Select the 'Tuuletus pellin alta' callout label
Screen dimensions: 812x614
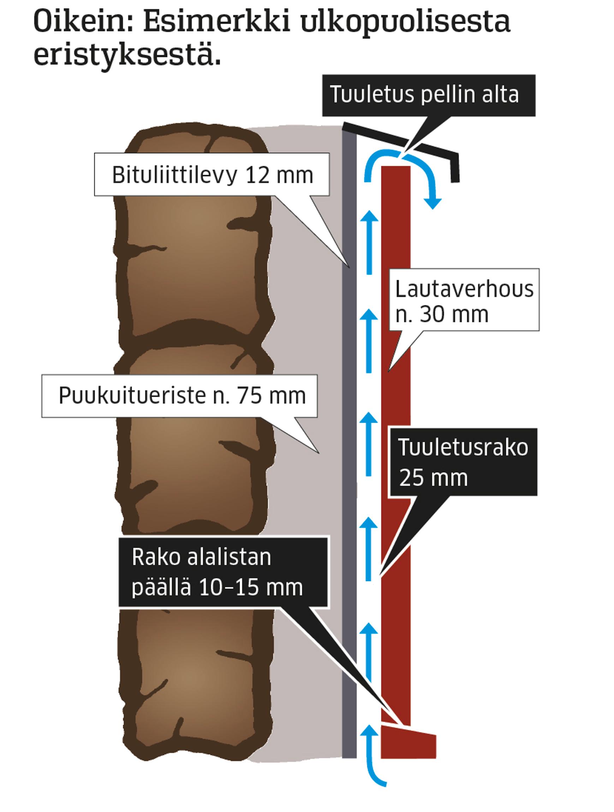click(425, 95)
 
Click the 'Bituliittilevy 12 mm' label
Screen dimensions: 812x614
click(212, 175)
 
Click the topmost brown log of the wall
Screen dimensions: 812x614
click(193, 235)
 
